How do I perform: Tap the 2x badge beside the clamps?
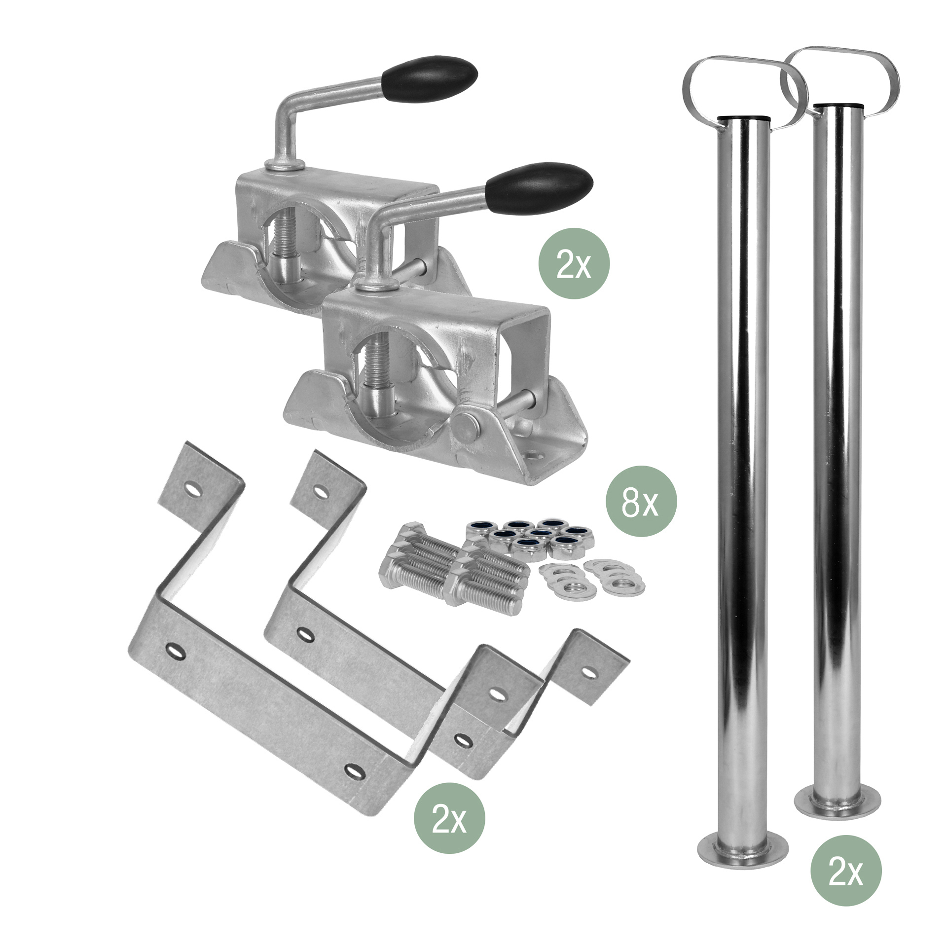click(574, 263)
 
